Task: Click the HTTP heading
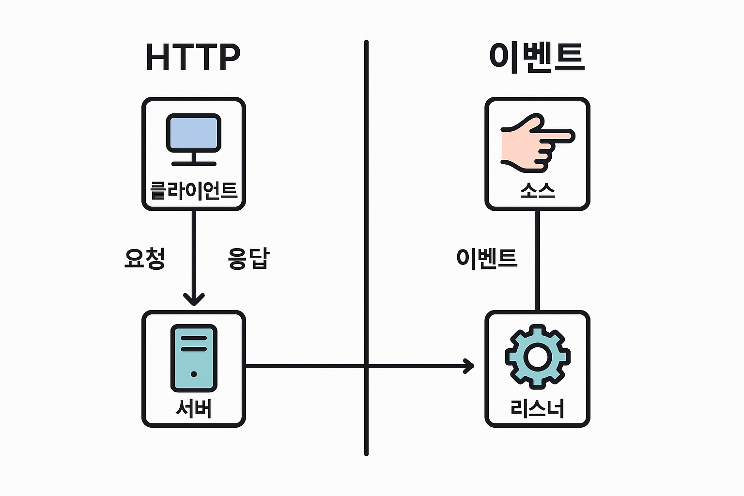pyautogui.click(x=193, y=58)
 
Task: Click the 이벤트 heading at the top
pyautogui.click(x=537, y=58)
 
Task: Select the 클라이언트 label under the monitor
pyautogui.click(x=194, y=190)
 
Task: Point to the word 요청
pyautogui.click(x=144, y=258)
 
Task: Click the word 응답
pyautogui.click(x=248, y=258)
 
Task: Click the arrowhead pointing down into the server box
pyautogui.click(x=194, y=298)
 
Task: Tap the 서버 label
pyautogui.click(x=194, y=409)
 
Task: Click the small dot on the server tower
pyautogui.click(x=194, y=374)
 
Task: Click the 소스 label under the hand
pyautogui.click(x=537, y=190)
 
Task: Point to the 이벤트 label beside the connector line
pyautogui.click(x=487, y=258)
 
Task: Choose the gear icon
pyautogui.click(x=537, y=357)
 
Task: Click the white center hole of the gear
pyautogui.click(x=537, y=357)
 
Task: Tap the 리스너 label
pyautogui.click(x=537, y=409)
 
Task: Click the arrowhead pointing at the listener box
pyautogui.click(x=469, y=366)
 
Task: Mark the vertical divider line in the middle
pyautogui.click(x=366, y=194)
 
